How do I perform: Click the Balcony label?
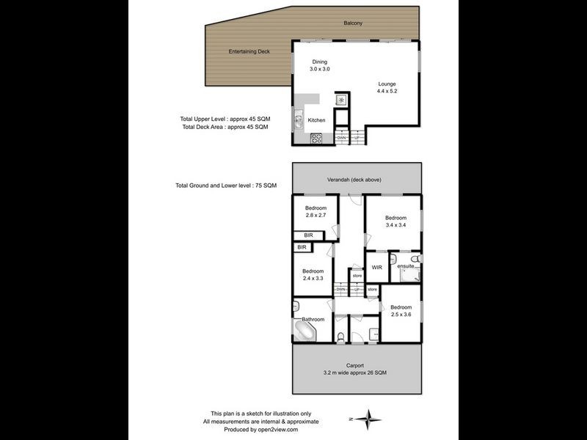(x=353, y=23)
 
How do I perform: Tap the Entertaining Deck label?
(x=250, y=51)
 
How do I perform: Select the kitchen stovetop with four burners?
(x=317, y=137)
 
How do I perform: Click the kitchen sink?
(x=299, y=121)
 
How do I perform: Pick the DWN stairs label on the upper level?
(x=341, y=138)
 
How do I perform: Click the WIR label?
(x=376, y=267)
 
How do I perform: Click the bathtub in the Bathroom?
(x=305, y=331)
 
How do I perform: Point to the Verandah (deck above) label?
(x=354, y=180)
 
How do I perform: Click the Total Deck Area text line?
(x=224, y=127)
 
